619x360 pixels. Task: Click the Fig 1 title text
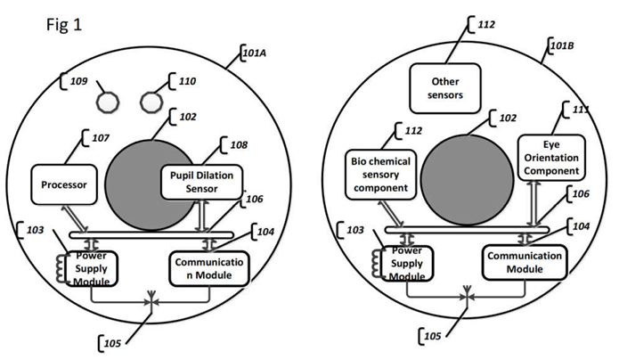[x=64, y=25]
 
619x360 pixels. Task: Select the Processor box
[x=64, y=184]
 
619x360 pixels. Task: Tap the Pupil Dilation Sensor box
[x=201, y=182]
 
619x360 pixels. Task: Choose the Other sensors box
[x=445, y=88]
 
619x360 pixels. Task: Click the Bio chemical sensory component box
[x=380, y=175]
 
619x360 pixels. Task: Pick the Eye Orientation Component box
[x=551, y=158]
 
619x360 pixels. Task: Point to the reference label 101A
[x=255, y=53]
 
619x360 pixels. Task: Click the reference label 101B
[x=562, y=45]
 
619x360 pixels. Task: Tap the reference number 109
[x=78, y=81]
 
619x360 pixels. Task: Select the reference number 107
[x=101, y=138]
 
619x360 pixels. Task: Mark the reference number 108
[x=239, y=145]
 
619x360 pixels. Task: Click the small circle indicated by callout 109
[x=108, y=102]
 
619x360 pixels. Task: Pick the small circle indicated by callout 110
[x=151, y=102]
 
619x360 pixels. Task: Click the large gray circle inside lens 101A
[x=151, y=184]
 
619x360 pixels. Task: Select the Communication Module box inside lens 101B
[x=525, y=262]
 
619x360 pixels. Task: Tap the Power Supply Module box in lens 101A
[x=92, y=269]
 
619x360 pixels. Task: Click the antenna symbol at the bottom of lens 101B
[x=467, y=295]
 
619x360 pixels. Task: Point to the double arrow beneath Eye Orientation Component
[x=533, y=204]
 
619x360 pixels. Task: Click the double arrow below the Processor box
[x=74, y=218]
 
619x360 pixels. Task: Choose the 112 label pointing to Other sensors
[x=486, y=24]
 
